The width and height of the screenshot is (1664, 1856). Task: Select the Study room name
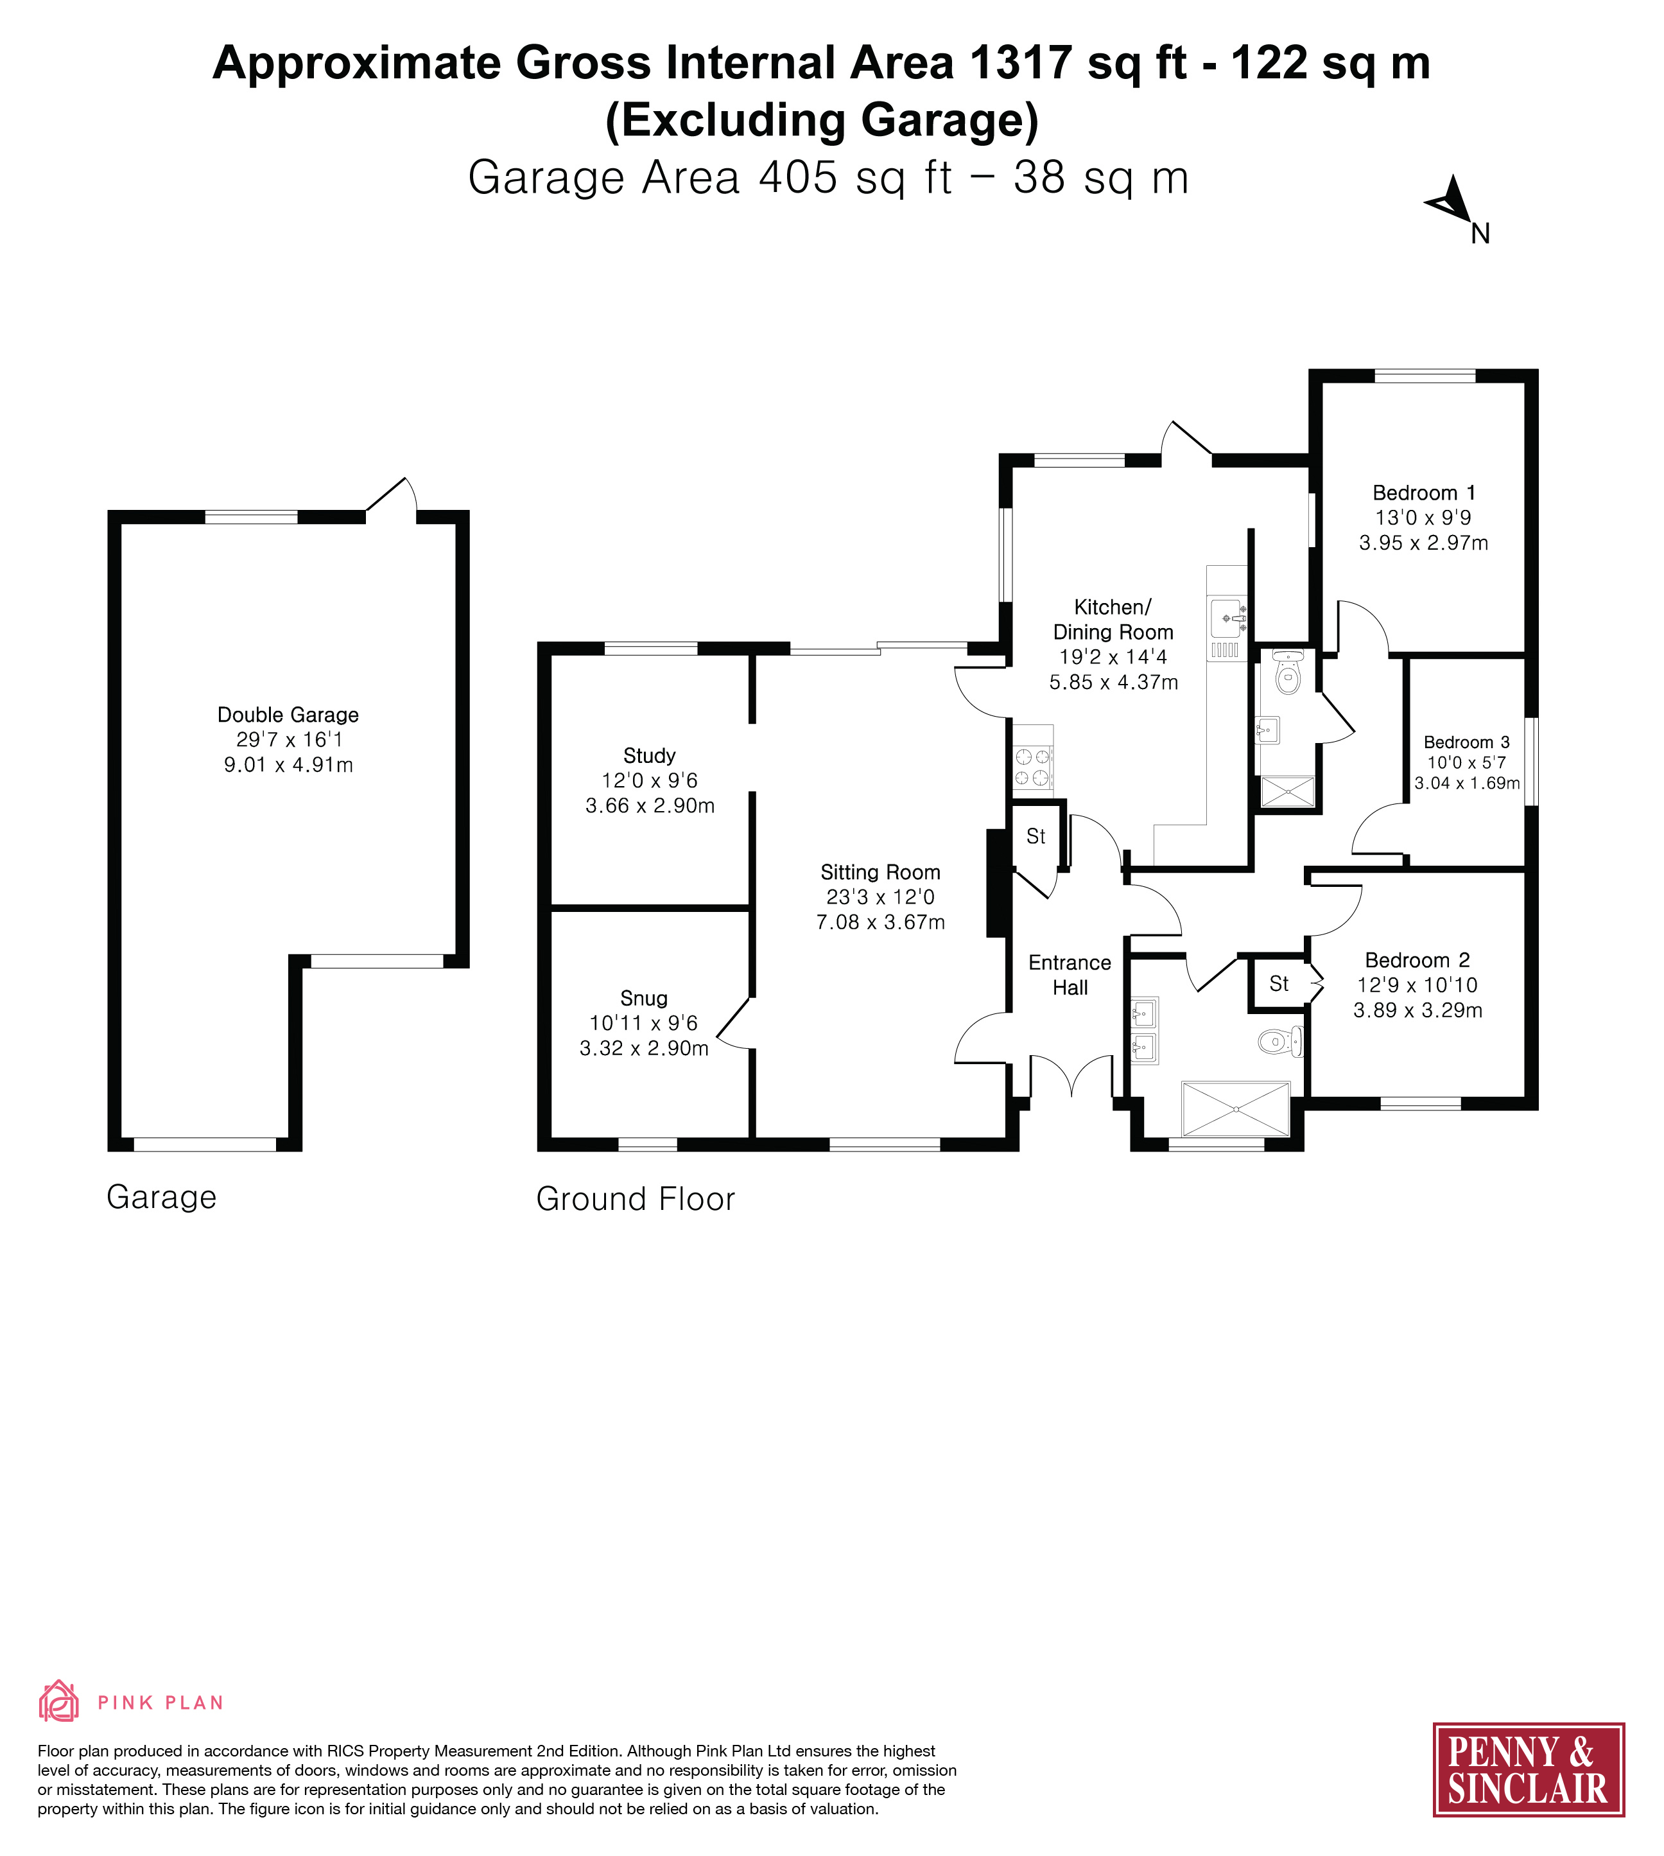tap(649, 756)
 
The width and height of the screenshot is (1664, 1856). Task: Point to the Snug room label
tap(644, 998)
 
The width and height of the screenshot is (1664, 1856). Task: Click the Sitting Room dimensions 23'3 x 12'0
tap(880, 897)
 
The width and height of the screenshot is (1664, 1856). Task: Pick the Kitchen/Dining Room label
tap(1113, 619)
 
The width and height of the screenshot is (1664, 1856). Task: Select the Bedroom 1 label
tap(1423, 493)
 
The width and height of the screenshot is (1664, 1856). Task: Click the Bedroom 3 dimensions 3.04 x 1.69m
tap(1466, 783)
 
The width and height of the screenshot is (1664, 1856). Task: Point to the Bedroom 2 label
tap(1417, 961)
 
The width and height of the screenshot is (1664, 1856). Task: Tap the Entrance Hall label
tap(1070, 975)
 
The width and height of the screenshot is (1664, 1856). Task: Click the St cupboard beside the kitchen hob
tap(1036, 836)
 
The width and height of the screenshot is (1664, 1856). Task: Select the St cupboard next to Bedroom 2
tap(1279, 983)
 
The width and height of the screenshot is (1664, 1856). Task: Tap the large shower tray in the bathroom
tap(1235, 1108)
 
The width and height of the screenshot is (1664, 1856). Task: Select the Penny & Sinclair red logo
tap(1528, 1770)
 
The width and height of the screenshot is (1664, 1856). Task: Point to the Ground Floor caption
tap(636, 1199)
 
